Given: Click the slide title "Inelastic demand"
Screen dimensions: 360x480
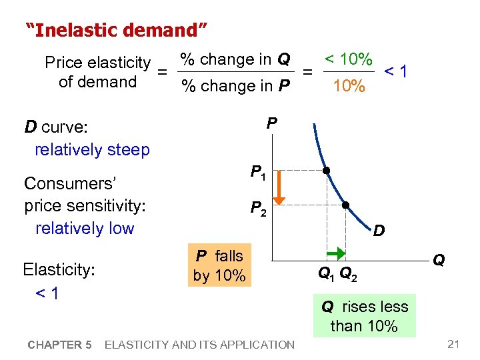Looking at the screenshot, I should [117, 30].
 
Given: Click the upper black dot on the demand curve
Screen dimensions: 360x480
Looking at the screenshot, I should [327, 170].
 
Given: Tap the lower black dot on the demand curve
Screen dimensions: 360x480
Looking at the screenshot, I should [346, 205].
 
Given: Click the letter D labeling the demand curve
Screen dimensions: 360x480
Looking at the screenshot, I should [378, 231].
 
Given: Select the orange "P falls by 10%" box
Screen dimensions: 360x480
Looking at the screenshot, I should [219, 265].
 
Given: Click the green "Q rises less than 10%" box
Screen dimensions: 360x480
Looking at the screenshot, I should [364, 316].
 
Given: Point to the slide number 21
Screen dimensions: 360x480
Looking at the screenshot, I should [454, 344].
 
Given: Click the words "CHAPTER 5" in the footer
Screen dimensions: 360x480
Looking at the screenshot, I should [60, 345].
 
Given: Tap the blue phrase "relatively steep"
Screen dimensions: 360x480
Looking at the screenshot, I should [92, 149].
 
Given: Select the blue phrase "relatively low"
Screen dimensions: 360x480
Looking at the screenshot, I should [85, 228].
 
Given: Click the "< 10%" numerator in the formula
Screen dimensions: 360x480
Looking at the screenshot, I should [348, 59].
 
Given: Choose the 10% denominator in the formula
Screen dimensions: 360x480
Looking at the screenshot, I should [349, 86].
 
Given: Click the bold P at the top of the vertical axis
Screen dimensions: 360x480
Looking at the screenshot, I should [271, 123].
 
